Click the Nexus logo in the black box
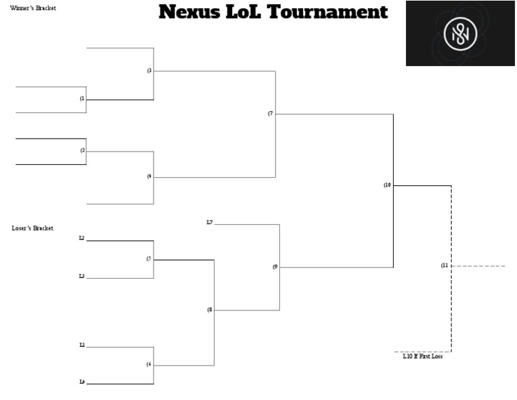(x=460, y=33)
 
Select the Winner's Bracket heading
(x=33, y=8)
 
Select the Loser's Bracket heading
(x=32, y=228)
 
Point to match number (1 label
(x=82, y=99)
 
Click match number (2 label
(x=82, y=151)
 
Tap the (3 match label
(x=149, y=71)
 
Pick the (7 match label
(x=271, y=114)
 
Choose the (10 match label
(x=387, y=185)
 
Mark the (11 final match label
(x=444, y=266)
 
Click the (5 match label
(x=149, y=259)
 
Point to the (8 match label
(x=210, y=310)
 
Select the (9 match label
(x=275, y=267)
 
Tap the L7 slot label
(x=209, y=222)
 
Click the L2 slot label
(x=81, y=238)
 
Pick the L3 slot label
(x=81, y=276)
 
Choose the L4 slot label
(x=81, y=382)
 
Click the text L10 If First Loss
(x=422, y=357)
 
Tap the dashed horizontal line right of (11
(x=479, y=266)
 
